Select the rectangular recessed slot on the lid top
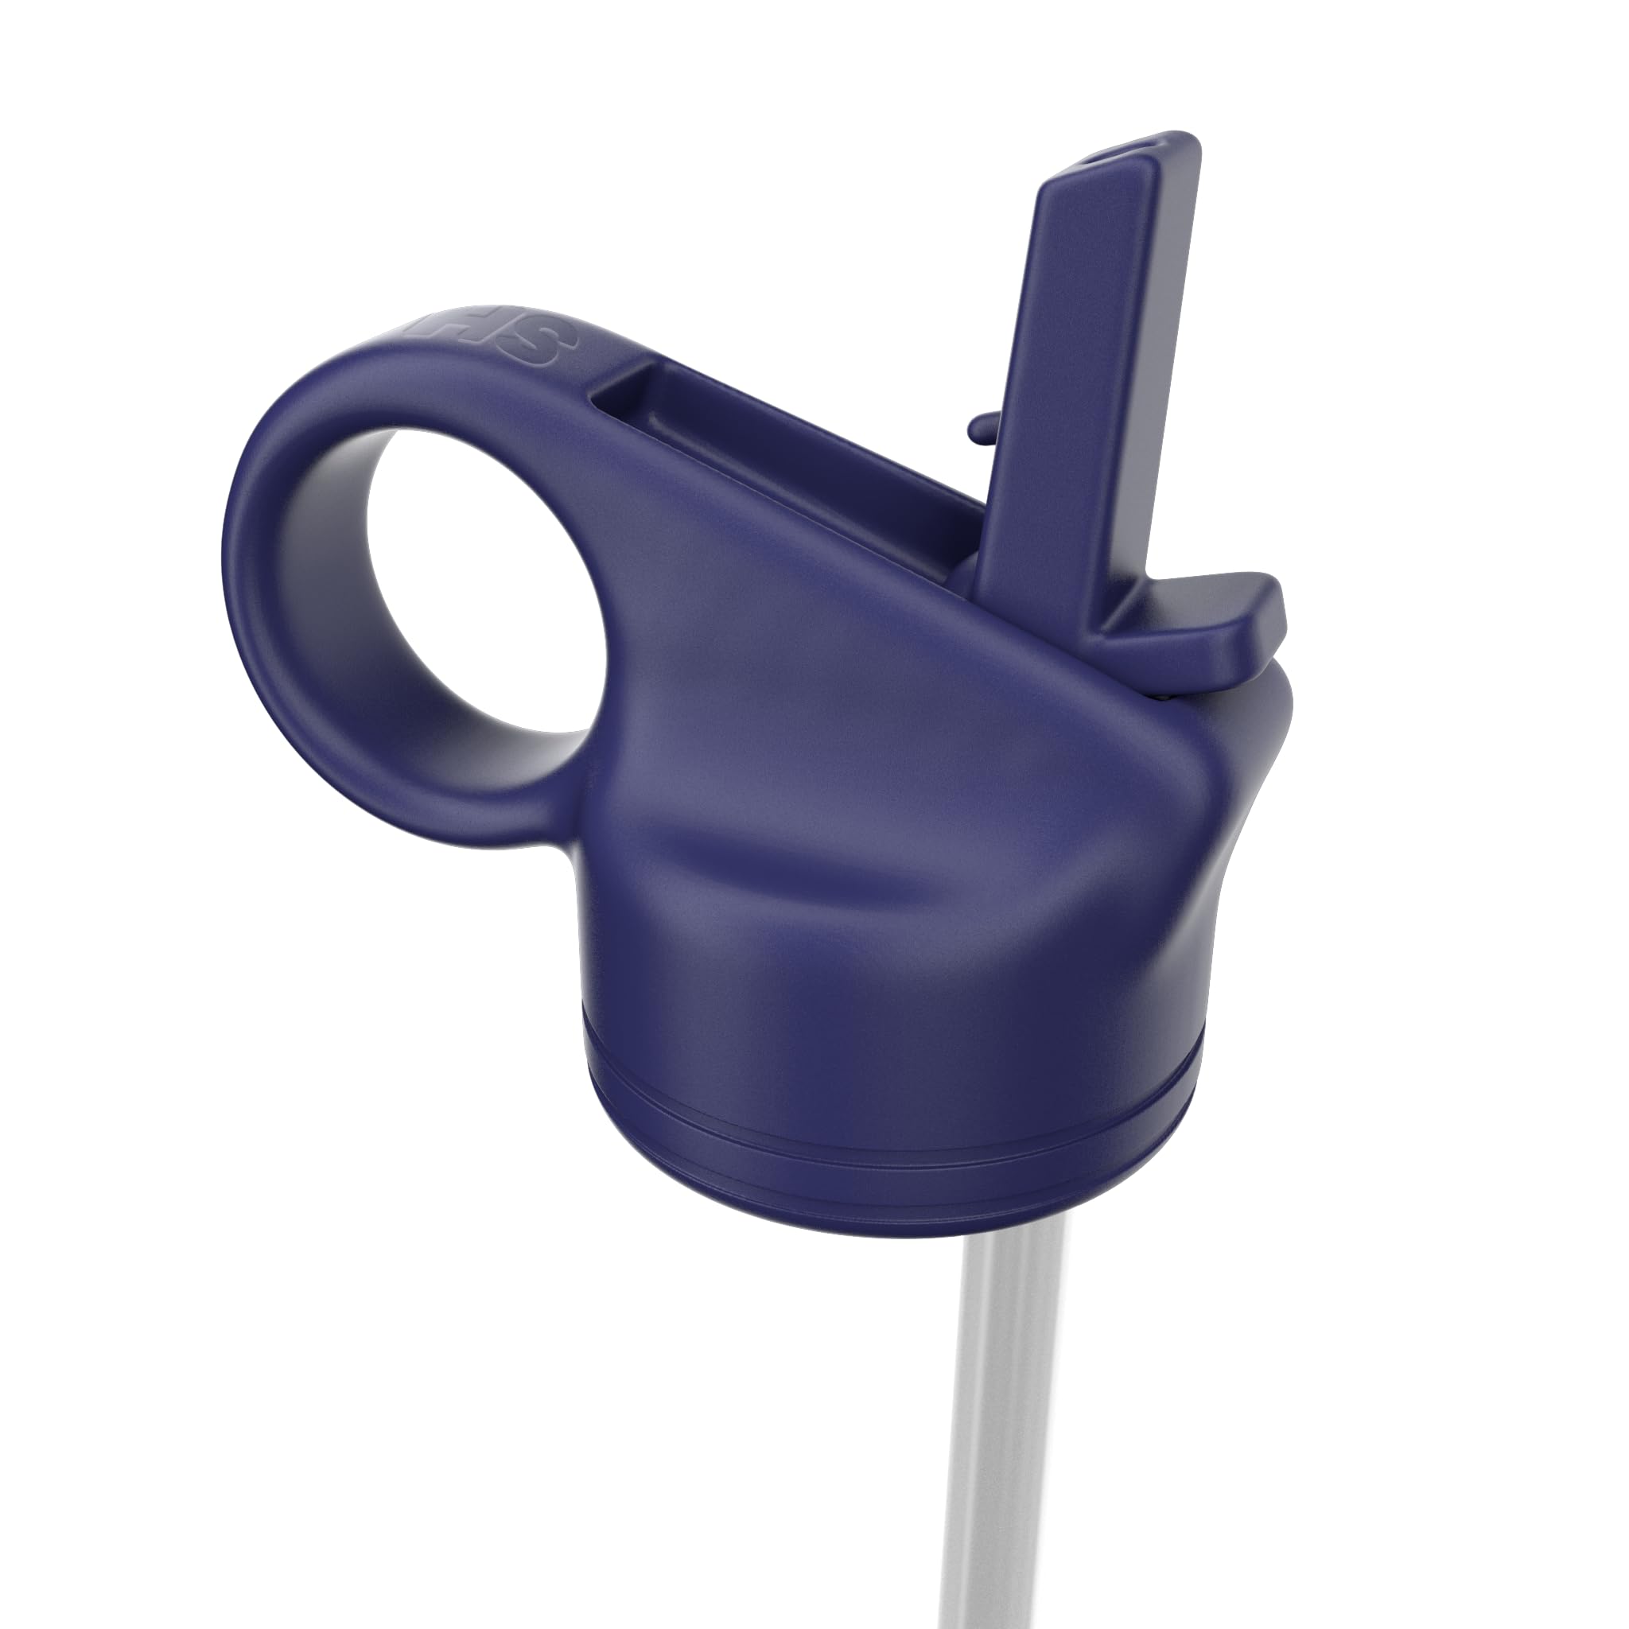(784, 455)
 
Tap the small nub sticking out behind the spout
(978, 430)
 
